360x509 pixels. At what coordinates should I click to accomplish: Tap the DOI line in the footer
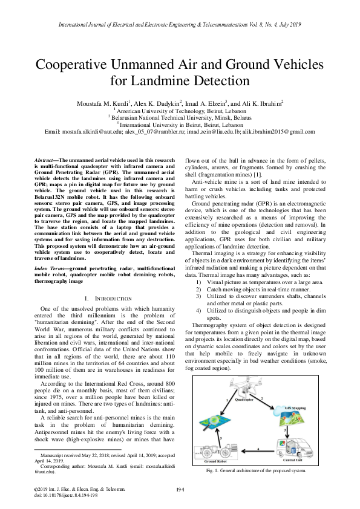click(x=66, y=494)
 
